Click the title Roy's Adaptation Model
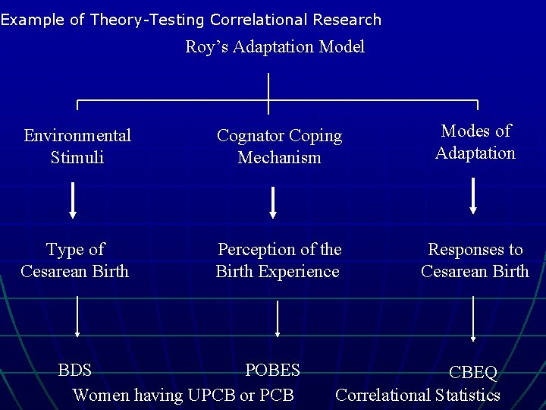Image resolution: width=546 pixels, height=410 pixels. click(x=275, y=47)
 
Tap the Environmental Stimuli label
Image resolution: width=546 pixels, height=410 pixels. click(x=77, y=147)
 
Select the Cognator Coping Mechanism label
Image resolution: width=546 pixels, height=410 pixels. click(x=279, y=147)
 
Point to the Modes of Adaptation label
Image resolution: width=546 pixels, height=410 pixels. click(x=475, y=142)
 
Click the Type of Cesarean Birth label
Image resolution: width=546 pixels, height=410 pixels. click(x=75, y=260)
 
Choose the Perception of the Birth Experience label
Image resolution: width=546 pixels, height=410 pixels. click(x=278, y=260)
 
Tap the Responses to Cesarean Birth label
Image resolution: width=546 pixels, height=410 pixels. click(x=475, y=260)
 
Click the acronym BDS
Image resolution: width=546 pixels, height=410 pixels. click(x=75, y=371)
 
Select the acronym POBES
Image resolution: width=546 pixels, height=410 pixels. click(x=273, y=371)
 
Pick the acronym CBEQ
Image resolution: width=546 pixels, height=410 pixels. click(x=473, y=373)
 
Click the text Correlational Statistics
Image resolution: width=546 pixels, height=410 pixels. click(x=418, y=395)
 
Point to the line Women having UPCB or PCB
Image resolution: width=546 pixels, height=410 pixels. click(x=183, y=395)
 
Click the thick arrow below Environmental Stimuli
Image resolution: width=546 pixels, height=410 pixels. click(x=74, y=200)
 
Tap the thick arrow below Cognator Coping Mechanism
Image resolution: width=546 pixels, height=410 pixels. click(x=274, y=203)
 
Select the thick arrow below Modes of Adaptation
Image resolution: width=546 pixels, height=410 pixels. click(x=474, y=196)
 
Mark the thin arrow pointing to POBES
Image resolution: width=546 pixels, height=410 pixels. click(x=278, y=318)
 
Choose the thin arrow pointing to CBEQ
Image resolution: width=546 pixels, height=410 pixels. click(x=474, y=318)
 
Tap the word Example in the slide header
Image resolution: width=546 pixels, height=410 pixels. click(x=33, y=20)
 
